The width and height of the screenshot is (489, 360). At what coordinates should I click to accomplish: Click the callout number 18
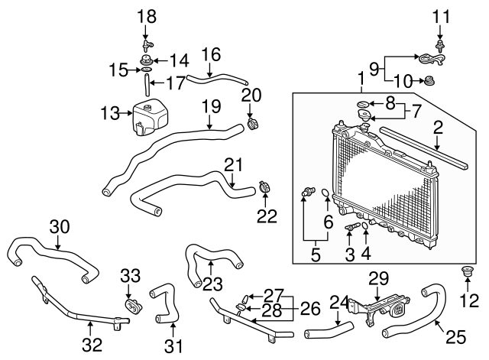pyautogui.click(x=146, y=15)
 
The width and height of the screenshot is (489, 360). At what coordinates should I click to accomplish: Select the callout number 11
pyautogui.click(x=440, y=15)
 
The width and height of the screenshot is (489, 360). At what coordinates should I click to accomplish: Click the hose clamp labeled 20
pyautogui.click(x=251, y=122)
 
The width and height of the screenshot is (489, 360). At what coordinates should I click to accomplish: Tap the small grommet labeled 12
pyautogui.click(x=465, y=271)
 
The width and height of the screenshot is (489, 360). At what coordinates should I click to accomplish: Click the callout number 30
pyautogui.click(x=59, y=225)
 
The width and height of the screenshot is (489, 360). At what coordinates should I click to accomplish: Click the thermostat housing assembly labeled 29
pyautogui.click(x=377, y=309)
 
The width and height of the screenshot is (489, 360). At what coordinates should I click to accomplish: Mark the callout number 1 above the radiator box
pyautogui.click(x=360, y=78)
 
